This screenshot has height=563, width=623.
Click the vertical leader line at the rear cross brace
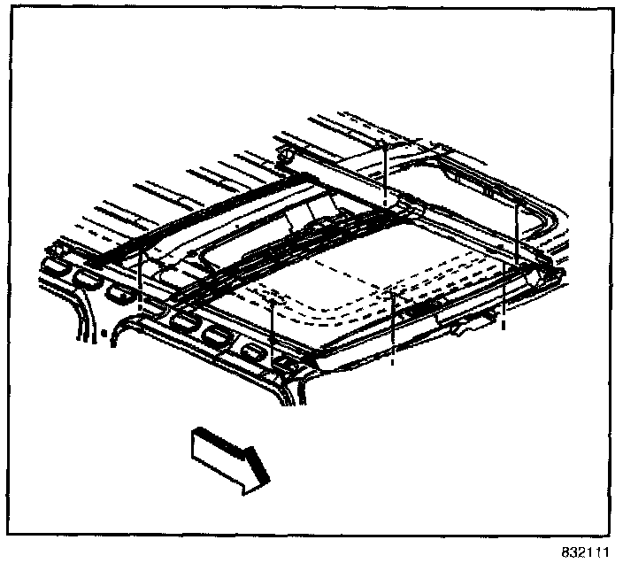(385, 173)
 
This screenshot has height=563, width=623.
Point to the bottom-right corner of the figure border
(614, 534)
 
